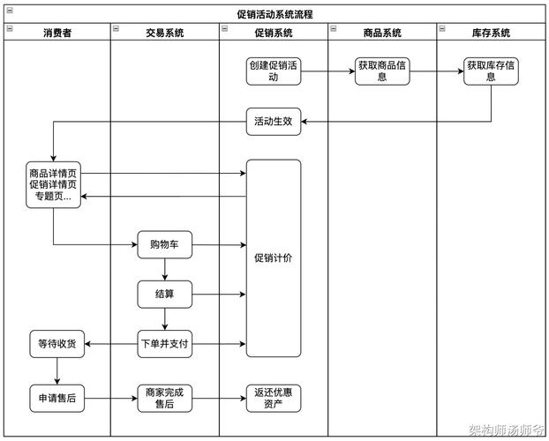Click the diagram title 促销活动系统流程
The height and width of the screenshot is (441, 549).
[274, 14]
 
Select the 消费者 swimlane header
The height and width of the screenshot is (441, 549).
[57, 33]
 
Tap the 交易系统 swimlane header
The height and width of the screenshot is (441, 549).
[165, 33]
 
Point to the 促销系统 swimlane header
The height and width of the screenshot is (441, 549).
[274, 33]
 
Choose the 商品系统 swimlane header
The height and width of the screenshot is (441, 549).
[382, 33]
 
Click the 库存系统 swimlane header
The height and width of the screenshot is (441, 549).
[491, 33]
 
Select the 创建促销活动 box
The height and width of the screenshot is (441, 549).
[274, 71]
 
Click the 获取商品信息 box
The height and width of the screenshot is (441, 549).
[382, 71]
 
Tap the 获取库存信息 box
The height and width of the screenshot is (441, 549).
[491, 71]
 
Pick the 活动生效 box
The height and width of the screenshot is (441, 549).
[274, 123]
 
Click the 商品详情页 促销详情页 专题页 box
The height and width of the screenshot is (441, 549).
[53, 185]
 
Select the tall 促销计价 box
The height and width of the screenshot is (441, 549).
[274, 258]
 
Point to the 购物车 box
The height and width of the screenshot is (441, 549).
[165, 244]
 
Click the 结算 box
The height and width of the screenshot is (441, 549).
[165, 294]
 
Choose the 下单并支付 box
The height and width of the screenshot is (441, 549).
[165, 343]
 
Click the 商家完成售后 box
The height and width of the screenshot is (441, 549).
[165, 399]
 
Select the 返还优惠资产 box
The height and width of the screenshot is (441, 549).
[274, 399]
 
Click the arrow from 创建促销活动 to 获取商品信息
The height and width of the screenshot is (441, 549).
[328, 71]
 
